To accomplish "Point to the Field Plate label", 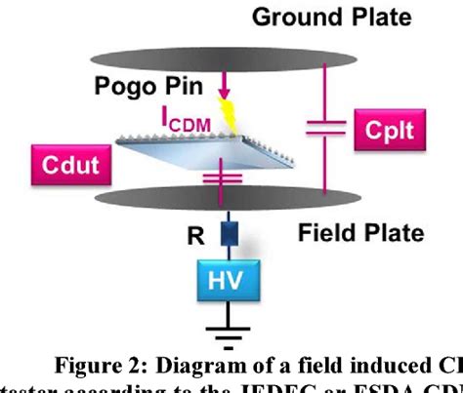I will click(358, 233).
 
